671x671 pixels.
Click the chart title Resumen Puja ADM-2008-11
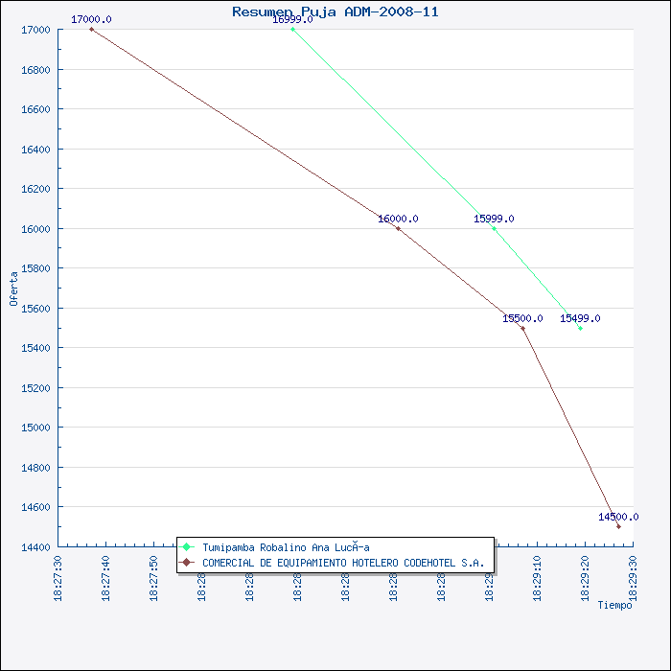pos(335,12)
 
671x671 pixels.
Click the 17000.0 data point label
pos(91,19)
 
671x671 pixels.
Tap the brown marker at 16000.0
pos(398,228)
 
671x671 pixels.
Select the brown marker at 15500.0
pos(522,328)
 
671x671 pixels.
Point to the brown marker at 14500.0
pos(618,526)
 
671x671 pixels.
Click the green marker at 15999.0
pos(494,228)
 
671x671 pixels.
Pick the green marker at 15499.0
pos(580,328)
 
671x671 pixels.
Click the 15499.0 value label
pos(580,318)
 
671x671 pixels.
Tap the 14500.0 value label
pos(617,517)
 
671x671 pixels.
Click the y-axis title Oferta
pos(13,288)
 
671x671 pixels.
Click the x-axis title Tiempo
pos(614,605)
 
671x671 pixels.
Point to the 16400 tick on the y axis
pos(37,150)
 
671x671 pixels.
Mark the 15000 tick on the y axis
pos(37,428)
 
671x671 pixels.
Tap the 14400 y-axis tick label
pos(37,547)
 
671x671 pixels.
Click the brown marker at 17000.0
pos(91,29)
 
